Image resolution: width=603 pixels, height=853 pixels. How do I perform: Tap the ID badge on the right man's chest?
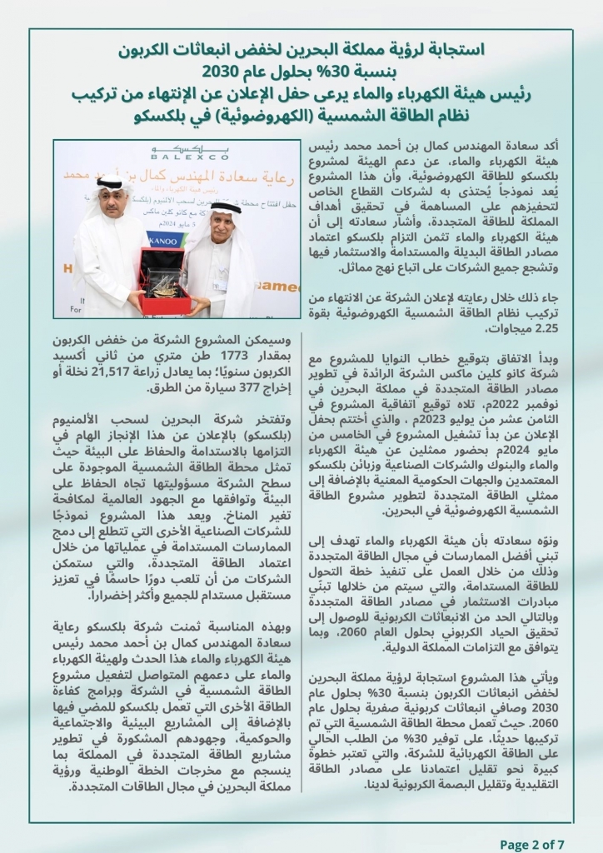tap(219, 284)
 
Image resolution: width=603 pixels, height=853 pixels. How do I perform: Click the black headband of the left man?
tap(111, 178)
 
